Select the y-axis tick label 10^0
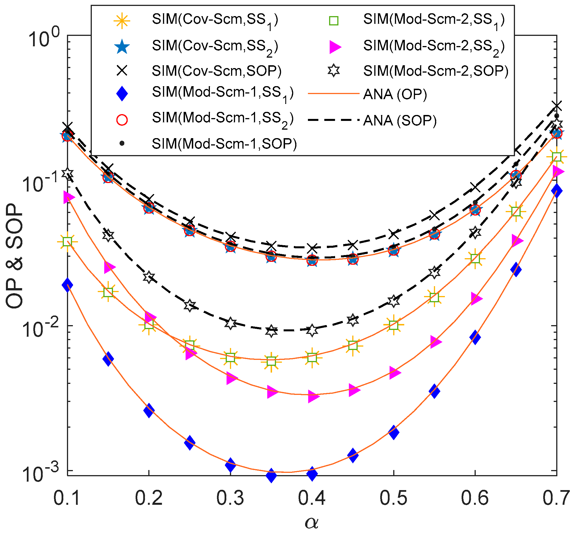(44, 40)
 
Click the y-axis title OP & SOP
(14, 256)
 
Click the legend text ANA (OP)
(395, 95)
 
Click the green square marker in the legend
(334, 21)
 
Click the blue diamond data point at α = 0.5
(394, 433)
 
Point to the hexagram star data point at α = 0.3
(231, 323)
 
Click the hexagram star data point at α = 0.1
(68, 174)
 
